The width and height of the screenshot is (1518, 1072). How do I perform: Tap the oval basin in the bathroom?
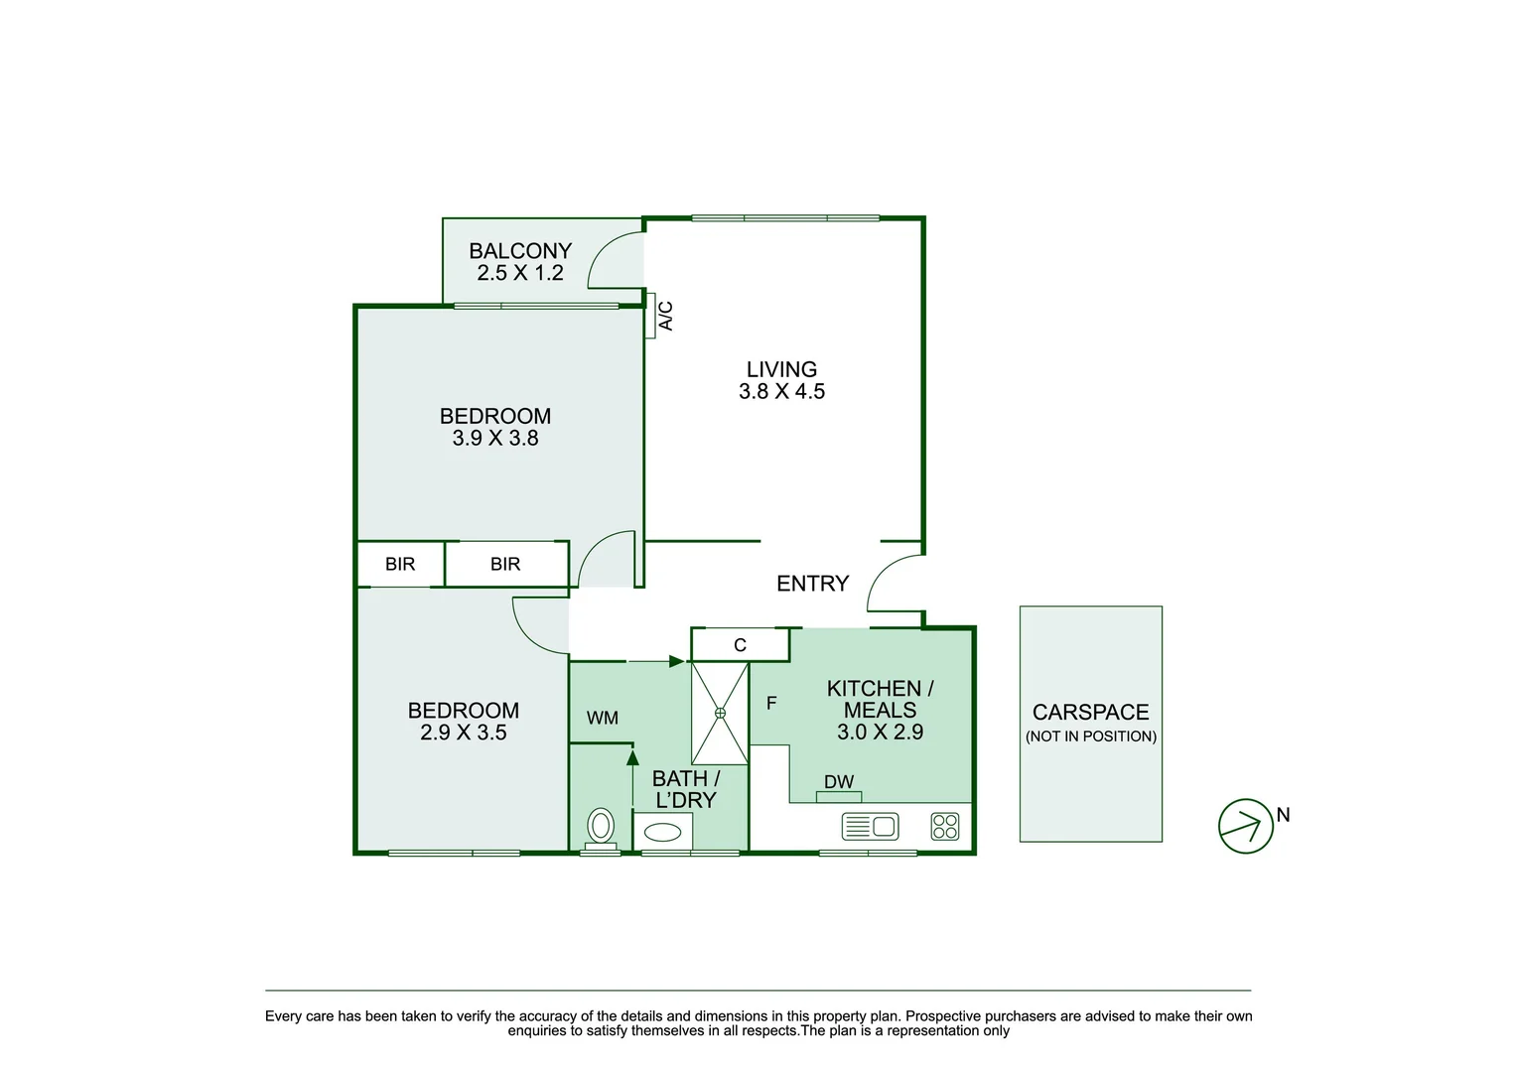tap(662, 830)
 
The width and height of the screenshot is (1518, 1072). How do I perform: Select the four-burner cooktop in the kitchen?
tap(945, 827)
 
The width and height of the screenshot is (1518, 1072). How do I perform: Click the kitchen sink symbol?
tap(870, 826)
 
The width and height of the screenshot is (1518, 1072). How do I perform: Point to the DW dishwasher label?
tap(839, 782)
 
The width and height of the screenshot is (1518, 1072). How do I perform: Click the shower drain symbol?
tap(720, 712)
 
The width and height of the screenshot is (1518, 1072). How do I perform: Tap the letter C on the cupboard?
tap(740, 645)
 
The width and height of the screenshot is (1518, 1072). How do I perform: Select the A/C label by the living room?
tap(666, 316)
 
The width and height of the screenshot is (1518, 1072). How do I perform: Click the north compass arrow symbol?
tap(1246, 825)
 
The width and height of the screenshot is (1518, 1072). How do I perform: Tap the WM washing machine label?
tap(603, 718)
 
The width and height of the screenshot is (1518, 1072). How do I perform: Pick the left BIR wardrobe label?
tap(400, 564)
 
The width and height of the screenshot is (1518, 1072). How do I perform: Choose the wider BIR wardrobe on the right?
tap(505, 564)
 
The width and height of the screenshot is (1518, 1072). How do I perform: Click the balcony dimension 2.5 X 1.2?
tap(520, 274)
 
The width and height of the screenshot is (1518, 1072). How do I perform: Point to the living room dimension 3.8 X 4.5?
tap(781, 392)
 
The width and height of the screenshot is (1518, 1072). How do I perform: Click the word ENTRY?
tap(812, 584)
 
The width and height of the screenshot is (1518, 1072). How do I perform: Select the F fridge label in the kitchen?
tap(771, 703)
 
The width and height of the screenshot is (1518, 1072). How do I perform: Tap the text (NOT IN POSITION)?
tap(1090, 737)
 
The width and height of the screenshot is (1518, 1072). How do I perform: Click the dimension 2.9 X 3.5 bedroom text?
tap(464, 734)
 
